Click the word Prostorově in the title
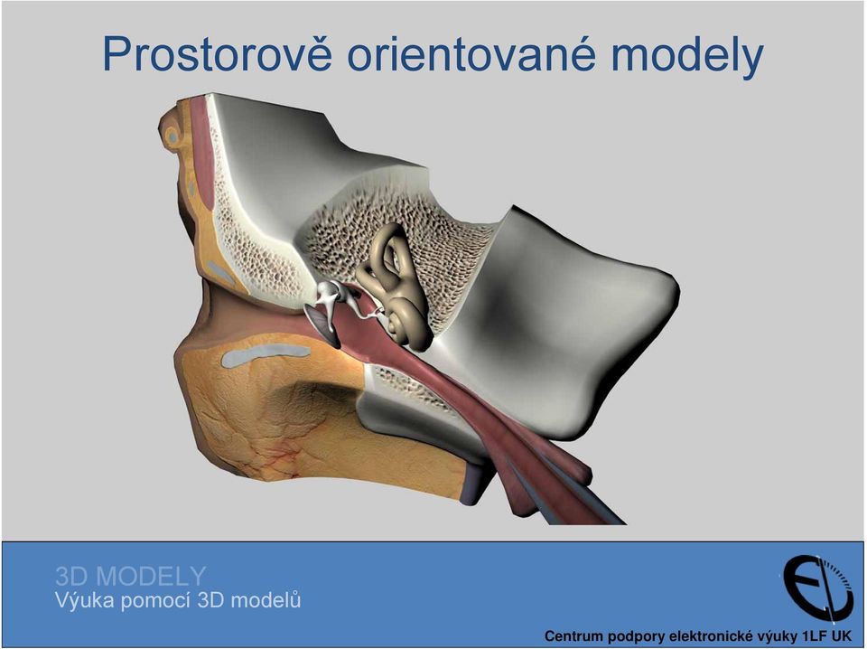tap(217, 55)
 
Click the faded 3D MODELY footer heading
tap(130, 577)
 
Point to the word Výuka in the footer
tap(85, 600)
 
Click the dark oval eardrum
tap(323, 326)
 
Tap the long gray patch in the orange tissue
tap(266, 355)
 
